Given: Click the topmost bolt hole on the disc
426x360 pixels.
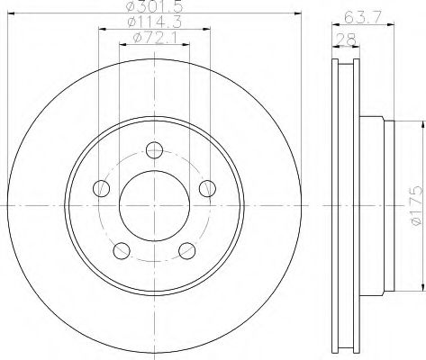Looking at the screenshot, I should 154,149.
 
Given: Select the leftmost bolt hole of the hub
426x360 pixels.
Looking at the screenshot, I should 102,188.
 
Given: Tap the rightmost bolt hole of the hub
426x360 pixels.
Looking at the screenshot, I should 207,187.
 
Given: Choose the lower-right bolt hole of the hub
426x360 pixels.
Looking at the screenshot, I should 187,250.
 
